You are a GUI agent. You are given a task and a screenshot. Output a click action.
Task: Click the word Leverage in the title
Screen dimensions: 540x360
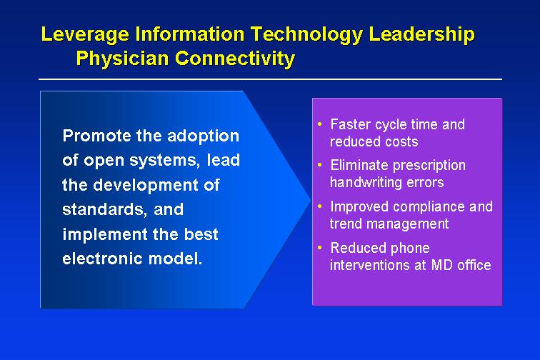pyautogui.click(x=85, y=35)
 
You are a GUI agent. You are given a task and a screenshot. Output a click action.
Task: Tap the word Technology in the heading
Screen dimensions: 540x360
pyautogui.click(x=306, y=35)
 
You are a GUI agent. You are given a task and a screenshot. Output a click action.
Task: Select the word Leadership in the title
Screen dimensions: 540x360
pyautogui.click(x=421, y=35)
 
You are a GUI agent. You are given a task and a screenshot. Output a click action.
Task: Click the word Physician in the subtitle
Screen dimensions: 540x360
pyautogui.click(x=122, y=59)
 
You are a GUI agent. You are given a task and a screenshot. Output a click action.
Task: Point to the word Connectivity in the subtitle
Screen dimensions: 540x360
pyautogui.click(x=235, y=59)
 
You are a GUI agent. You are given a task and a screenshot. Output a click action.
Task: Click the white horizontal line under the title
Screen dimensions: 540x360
pyautogui.click(x=270, y=79)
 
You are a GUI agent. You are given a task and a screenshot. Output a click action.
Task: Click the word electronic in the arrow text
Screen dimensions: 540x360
pyautogui.click(x=103, y=259)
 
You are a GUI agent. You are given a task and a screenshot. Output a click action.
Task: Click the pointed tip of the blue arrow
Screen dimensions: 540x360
pyautogui.click(x=311, y=199)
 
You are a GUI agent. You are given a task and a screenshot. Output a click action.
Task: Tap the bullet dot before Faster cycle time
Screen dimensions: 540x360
pyautogui.click(x=320, y=124)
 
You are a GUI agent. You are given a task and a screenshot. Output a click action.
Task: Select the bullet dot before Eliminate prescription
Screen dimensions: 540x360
pyautogui.click(x=320, y=165)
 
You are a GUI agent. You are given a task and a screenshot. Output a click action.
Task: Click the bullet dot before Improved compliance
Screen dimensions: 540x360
pyautogui.click(x=320, y=206)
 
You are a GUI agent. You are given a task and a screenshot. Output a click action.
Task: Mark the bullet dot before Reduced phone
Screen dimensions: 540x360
pyautogui.click(x=320, y=247)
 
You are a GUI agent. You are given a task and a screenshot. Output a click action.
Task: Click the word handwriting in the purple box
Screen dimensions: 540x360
pyautogui.click(x=366, y=183)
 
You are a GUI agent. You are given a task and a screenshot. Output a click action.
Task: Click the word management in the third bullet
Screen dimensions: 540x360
pyautogui.click(x=407, y=224)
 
